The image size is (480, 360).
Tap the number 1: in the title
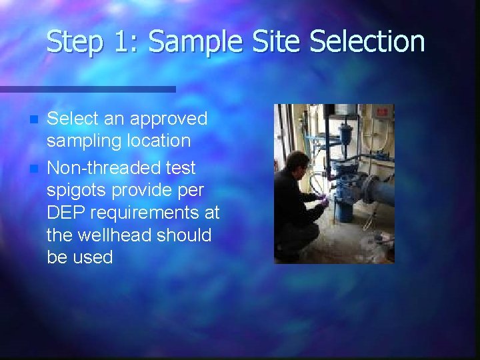[125, 41]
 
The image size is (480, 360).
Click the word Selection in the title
[367, 41]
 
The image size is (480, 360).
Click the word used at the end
[94, 258]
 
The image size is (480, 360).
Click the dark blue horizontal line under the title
[87, 89]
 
